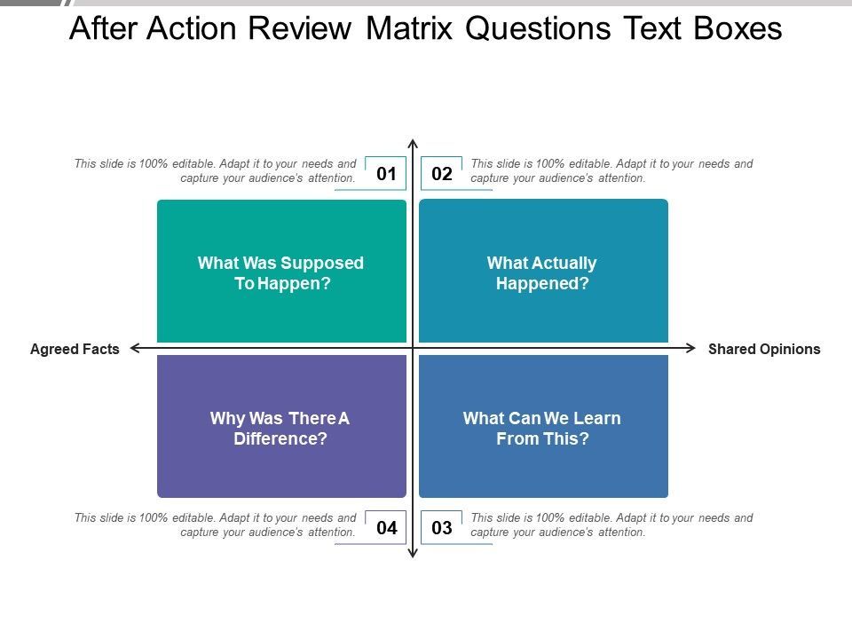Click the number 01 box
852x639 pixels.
click(386, 173)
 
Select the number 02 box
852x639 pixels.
click(442, 173)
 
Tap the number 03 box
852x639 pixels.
click(442, 527)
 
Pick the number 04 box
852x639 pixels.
click(386, 527)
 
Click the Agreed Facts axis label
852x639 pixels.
click(75, 349)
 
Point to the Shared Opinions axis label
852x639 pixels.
click(764, 349)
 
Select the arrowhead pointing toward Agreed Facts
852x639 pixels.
click(134, 348)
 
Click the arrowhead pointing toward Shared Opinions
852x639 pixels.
click(691, 348)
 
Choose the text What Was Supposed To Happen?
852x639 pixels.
click(281, 272)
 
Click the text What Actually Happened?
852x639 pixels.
click(541, 272)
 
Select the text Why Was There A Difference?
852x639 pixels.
click(280, 428)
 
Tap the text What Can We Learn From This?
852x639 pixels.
click(541, 428)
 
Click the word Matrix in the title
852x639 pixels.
click(409, 28)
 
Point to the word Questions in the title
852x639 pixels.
click(538, 29)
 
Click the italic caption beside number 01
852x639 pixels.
click(215, 170)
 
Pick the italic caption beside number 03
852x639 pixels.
click(611, 525)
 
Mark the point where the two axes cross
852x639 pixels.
click(413, 348)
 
